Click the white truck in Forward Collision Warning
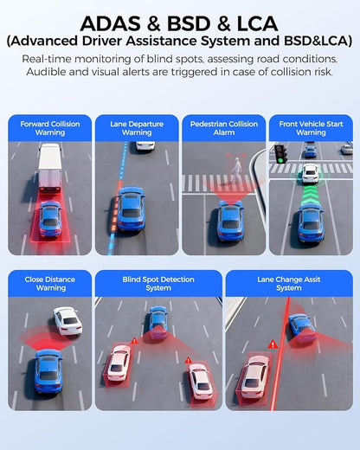[x=50, y=168]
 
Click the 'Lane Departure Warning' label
[x=137, y=128]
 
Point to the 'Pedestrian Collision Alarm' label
[x=224, y=128]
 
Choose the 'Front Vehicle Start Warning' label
[x=311, y=128]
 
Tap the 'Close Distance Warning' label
[x=50, y=284]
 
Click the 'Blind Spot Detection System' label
[x=158, y=284]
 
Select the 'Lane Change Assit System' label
[x=289, y=284]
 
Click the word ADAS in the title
[x=111, y=23]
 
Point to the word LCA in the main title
[x=257, y=23]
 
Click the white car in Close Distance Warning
[x=67, y=321]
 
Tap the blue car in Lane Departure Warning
[x=131, y=209]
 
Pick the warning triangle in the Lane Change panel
[x=273, y=344]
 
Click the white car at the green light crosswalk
[x=310, y=174]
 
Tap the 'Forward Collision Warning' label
[x=50, y=128]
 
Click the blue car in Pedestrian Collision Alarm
[x=230, y=221]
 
